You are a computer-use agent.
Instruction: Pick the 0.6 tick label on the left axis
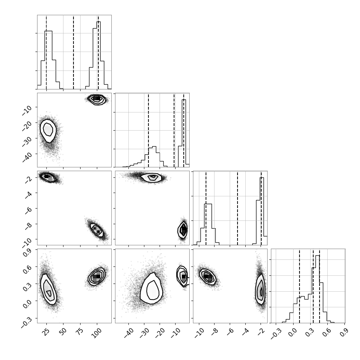tap(27, 268)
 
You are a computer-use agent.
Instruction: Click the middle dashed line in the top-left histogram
tap(73, 52)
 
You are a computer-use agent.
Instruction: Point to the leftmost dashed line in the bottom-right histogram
tap(300, 286)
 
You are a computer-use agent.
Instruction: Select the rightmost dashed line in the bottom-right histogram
tap(320, 286)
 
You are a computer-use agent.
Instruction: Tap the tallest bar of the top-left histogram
tap(98, 55)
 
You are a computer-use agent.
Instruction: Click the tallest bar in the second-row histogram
tap(184, 133)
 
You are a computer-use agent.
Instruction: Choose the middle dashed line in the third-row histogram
tap(238, 208)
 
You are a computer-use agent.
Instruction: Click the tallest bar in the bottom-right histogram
tap(318, 289)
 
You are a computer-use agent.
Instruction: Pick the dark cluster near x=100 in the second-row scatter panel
tap(96, 99)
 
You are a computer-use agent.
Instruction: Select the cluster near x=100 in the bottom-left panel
tap(96, 276)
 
